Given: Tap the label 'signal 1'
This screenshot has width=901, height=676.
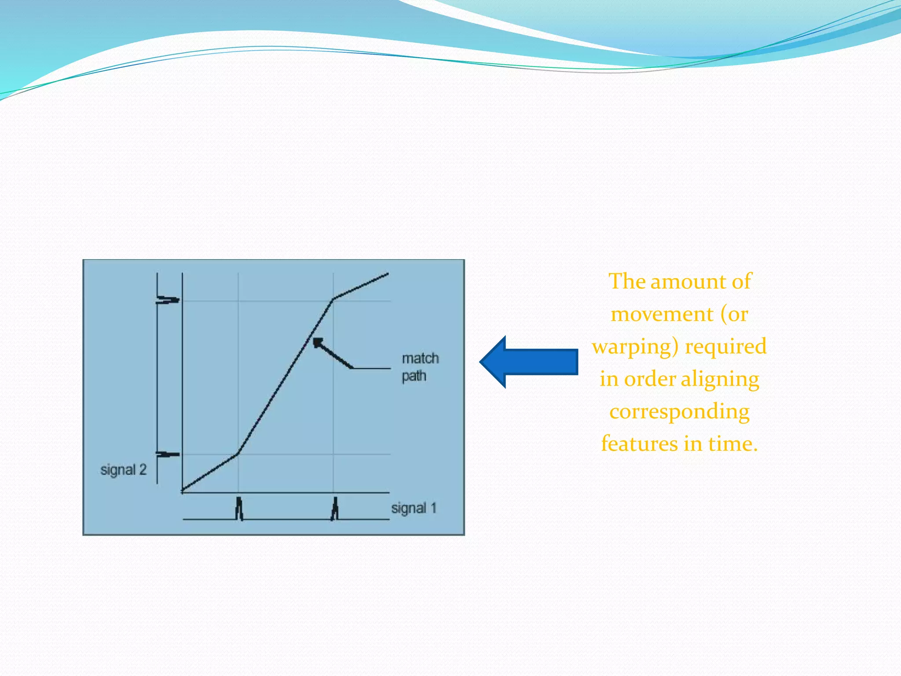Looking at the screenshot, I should [x=414, y=508].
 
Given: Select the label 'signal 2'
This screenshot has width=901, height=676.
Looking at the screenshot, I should [x=123, y=470].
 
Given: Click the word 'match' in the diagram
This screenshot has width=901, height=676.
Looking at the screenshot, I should [x=420, y=358].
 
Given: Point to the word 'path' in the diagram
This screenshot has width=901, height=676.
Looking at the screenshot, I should [x=414, y=376].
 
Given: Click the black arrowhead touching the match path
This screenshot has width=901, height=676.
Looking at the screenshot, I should [x=318, y=343].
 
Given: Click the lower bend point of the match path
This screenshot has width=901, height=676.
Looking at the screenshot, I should [x=238, y=453].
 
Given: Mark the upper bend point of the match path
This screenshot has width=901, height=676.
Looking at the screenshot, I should [x=333, y=299].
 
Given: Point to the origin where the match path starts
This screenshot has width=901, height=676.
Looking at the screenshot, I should [x=183, y=490].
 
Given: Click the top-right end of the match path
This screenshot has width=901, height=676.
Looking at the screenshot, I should [x=388, y=274].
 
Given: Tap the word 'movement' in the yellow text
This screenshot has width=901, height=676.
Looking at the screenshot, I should [x=662, y=314].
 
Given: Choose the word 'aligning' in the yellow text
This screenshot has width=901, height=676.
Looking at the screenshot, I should [x=720, y=379].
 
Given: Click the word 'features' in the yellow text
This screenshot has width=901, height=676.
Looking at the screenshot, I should [x=639, y=444].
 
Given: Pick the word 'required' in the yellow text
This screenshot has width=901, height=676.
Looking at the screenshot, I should [x=726, y=346].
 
